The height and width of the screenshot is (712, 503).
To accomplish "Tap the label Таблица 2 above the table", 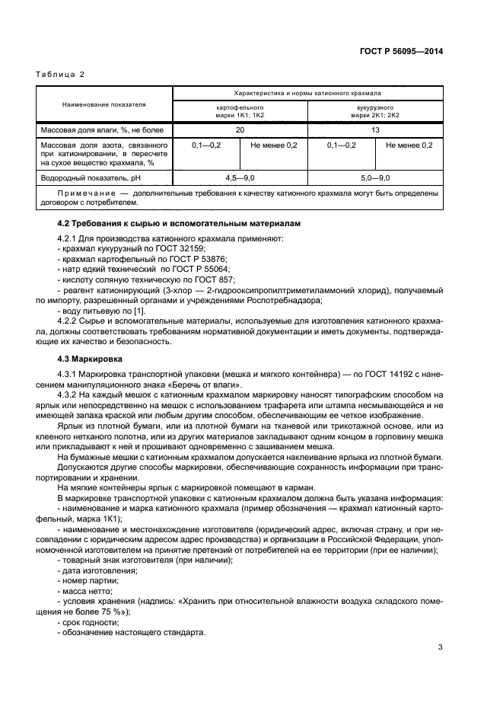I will click(60, 74).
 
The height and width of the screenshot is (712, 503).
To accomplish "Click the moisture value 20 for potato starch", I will click(240, 130).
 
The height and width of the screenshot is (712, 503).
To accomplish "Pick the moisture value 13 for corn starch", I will click(375, 130).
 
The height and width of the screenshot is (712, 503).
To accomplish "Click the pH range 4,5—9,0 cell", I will click(240, 177).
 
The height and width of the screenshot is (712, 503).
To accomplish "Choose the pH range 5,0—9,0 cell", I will click(375, 177).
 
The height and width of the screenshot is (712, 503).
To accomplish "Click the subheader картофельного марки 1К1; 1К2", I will click(240, 111).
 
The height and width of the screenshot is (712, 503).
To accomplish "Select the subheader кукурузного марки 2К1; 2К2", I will click(375, 111).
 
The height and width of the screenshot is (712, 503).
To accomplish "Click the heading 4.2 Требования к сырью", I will click(180, 224).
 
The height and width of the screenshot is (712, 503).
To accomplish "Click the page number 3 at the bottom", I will click(440, 648).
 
